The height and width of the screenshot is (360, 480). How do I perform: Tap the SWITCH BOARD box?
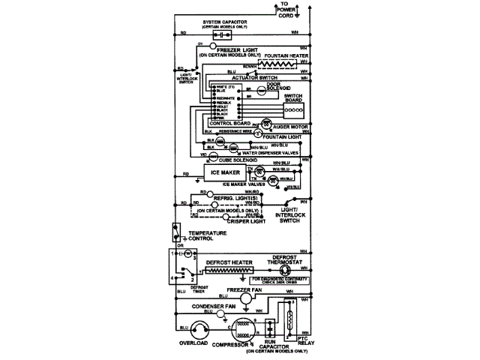pyautogui.click(x=292, y=105)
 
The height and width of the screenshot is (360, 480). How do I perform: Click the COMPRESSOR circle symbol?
pyautogui.click(x=242, y=329)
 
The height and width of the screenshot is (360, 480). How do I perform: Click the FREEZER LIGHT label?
pyautogui.click(x=233, y=51)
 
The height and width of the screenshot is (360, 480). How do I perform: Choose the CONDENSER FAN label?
pyautogui.click(x=217, y=306)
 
